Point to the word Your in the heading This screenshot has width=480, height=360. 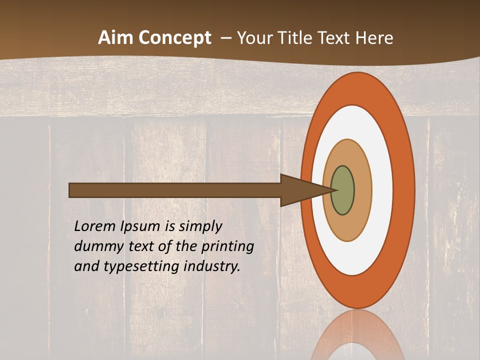pos(252,38)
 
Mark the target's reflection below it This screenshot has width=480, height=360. pos(358,337)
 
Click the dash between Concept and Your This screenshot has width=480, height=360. pos(226,38)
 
